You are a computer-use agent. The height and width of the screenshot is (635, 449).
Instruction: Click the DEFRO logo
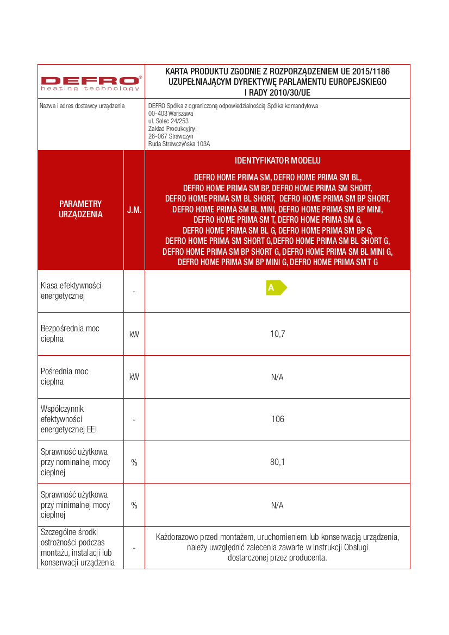[91, 83]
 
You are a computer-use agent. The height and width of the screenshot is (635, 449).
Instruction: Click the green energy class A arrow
[276, 288]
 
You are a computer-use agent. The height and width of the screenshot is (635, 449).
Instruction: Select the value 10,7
[277, 334]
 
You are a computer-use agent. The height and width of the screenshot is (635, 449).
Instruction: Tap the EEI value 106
[277, 419]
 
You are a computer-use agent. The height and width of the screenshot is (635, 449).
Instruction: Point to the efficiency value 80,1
[277, 462]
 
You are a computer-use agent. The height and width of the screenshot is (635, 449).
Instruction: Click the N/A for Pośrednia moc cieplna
[277, 377]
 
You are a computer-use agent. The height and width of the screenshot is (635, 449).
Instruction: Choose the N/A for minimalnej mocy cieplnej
[277, 505]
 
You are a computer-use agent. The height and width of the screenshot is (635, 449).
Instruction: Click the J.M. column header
[134, 210]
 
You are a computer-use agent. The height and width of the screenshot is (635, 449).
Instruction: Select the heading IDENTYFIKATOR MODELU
[277, 161]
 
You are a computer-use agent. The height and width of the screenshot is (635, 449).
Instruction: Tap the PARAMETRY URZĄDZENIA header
[80, 209]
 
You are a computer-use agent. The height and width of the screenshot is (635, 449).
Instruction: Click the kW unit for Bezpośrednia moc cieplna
[134, 334]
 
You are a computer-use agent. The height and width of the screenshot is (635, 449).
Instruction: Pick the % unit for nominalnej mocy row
[134, 462]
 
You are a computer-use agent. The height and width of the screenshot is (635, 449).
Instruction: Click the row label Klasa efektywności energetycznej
[71, 291]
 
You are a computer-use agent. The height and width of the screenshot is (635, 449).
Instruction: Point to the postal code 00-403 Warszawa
[171, 114]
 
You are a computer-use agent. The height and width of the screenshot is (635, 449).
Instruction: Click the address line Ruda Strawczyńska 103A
[179, 144]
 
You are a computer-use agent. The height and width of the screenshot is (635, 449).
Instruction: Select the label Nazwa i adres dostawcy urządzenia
[82, 106]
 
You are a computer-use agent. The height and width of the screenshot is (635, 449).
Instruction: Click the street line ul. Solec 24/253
[168, 121]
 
